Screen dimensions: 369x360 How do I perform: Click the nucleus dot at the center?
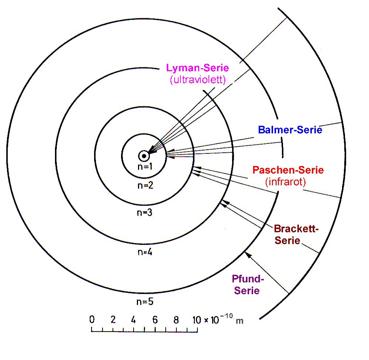pos(144,156)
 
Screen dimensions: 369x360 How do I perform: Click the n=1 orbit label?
pos(145,167)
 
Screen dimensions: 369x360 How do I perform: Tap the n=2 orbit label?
pos(145,186)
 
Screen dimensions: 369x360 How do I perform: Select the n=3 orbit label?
pos(145,213)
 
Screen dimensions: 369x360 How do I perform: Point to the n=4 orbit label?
pos(145,252)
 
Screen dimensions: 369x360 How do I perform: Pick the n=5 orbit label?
pos(145,301)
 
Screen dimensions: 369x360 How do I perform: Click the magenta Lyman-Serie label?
pos(197,68)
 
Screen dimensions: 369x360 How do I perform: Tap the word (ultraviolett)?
pos(198,80)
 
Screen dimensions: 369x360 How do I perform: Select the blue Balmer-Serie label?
pos(290,129)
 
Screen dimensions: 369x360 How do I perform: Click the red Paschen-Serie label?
pos(288,170)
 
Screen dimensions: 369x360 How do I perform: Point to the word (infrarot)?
pos(286,181)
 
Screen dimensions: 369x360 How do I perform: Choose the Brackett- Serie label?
pos(296,234)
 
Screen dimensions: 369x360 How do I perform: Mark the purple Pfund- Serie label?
pos(248,284)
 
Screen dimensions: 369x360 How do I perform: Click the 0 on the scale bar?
pos(92,319)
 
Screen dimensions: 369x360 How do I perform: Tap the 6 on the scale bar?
pos(155,319)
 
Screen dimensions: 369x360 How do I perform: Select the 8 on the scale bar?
pos(176,320)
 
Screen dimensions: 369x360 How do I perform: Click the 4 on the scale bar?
pos(134,319)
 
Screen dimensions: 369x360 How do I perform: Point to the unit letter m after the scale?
pos(239,321)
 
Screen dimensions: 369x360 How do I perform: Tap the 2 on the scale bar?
pos(113,319)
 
